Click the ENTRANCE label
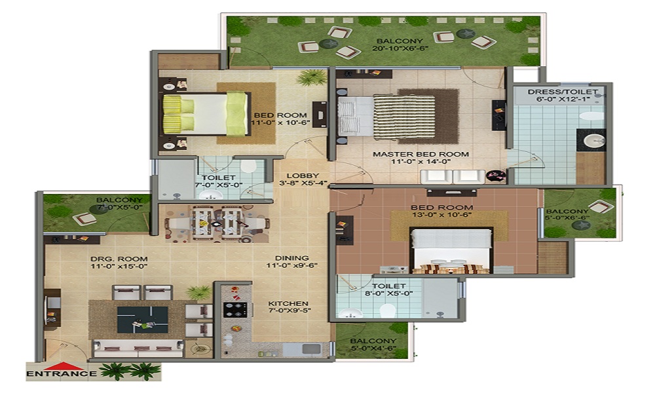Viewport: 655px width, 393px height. click(x=62, y=373)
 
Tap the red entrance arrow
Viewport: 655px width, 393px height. click(x=62, y=365)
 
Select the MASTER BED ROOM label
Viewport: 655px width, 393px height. click(x=421, y=154)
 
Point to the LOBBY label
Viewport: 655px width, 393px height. click(x=303, y=176)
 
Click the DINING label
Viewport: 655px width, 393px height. click(x=292, y=258)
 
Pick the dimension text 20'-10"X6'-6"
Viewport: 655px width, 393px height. click(x=400, y=49)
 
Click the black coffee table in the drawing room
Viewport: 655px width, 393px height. click(x=142, y=320)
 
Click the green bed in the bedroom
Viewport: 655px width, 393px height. click(x=206, y=114)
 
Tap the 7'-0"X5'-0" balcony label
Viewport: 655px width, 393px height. click(x=119, y=204)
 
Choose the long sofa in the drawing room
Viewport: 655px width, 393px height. click(x=138, y=348)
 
